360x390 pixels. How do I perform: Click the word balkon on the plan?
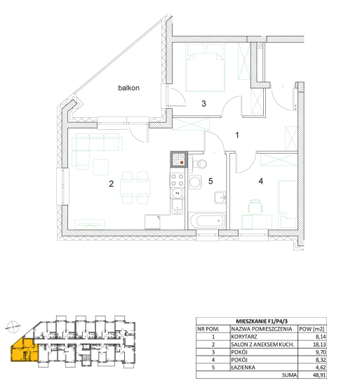tap(128, 88)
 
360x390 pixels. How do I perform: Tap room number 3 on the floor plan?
tap(204, 104)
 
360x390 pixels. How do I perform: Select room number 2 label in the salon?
tap(111, 184)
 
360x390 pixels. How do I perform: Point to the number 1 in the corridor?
tap(237, 135)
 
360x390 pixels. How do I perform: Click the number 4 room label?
tap(261, 181)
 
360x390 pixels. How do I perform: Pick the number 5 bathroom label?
tap(211, 181)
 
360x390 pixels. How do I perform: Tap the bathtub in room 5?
tap(208, 221)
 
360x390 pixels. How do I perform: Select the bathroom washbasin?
tap(220, 198)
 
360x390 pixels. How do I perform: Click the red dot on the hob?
tap(182, 163)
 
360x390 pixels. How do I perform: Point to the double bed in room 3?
tap(205, 67)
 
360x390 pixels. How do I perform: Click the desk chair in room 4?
tap(255, 206)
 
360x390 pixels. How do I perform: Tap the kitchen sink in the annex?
tap(177, 207)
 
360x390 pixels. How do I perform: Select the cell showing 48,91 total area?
tap(319, 375)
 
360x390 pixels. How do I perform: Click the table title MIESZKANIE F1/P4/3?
tap(262, 321)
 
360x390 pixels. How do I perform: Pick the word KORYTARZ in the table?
tap(244, 337)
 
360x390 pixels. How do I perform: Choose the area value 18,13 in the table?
tap(319, 344)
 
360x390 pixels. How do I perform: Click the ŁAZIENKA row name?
tap(243, 368)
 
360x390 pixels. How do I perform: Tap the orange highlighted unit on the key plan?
tap(25, 349)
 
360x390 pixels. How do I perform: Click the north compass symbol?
tap(13, 327)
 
